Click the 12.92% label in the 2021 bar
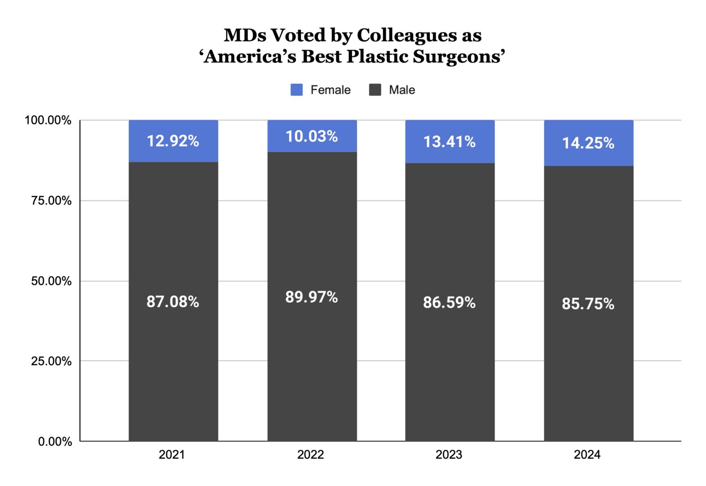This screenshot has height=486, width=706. [x=173, y=141]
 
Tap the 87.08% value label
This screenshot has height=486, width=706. [x=173, y=302]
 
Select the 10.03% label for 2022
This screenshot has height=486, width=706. [x=312, y=136]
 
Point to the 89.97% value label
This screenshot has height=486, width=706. [x=312, y=297]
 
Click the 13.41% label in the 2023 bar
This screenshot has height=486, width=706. [x=450, y=142]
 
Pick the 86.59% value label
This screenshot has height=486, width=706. [x=450, y=303]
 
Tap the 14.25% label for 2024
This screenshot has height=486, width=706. [x=588, y=143]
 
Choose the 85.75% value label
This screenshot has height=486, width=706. [x=588, y=304]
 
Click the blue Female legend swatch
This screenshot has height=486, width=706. [x=296, y=90]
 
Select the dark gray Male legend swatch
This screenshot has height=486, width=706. [x=375, y=90]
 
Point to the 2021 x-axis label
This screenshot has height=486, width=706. [x=171, y=455]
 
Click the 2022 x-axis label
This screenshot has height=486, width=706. [x=310, y=455]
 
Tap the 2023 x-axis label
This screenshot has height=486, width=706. [x=449, y=455]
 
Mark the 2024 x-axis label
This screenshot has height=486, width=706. [x=587, y=455]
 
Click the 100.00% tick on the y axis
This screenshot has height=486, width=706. [x=48, y=120]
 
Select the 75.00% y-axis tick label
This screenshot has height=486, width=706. [x=51, y=201]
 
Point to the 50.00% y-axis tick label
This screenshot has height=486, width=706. [x=51, y=281]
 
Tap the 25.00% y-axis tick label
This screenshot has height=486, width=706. [x=51, y=361]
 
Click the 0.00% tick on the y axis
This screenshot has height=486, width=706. [x=55, y=442]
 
